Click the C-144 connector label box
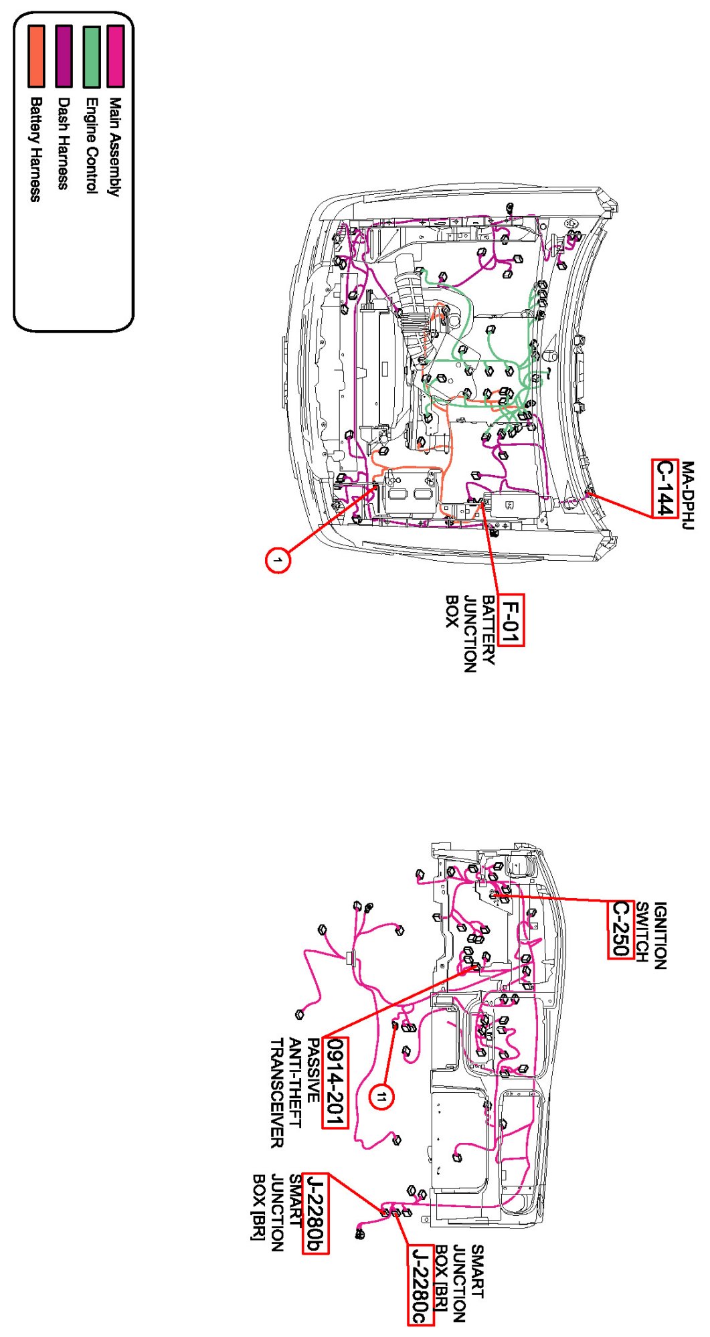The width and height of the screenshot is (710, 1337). click(x=664, y=488)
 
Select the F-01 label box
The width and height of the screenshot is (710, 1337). click(x=511, y=620)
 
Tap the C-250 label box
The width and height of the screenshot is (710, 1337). click(x=621, y=929)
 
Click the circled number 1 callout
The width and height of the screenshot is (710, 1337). click(x=278, y=559)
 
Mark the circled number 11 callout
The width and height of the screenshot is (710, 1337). click(x=381, y=1097)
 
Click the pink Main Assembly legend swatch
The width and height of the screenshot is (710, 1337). click(x=115, y=56)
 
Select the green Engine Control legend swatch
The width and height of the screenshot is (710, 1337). click(x=91, y=57)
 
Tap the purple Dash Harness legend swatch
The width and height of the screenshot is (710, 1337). click(x=64, y=56)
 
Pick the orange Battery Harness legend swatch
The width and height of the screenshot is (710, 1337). click(x=36, y=56)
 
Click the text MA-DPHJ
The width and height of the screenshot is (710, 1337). click(x=688, y=495)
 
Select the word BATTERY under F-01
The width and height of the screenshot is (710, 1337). click(x=489, y=630)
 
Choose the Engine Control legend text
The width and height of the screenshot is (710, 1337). click(x=91, y=146)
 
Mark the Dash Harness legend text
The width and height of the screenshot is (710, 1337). click(x=64, y=143)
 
